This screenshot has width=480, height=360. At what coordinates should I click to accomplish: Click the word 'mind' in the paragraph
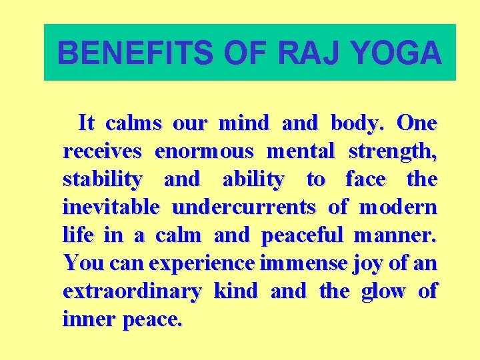pyautogui.click(x=243, y=123)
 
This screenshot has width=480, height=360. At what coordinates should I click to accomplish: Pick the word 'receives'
pyautogui.click(x=103, y=151)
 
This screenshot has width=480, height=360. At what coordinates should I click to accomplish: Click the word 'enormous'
pyautogui.click(x=204, y=151)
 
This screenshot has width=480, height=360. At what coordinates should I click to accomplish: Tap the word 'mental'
pyautogui.click(x=300, y=151)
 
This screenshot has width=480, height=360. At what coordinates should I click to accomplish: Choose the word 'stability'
pyautogui.click(x=102, y=180)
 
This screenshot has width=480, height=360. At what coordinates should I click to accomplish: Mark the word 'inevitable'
pyautogui.click(x=111, y=207)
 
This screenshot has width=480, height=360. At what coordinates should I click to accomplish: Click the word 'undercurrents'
pyautogui.click(x=243, y=207)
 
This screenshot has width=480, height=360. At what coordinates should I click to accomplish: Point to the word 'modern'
pyautogui.click(x=398, y=207)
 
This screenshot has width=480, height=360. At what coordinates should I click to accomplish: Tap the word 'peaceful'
pyautogui.click(x=302, y=236)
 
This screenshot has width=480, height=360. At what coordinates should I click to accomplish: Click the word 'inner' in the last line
pyautogui.click(x=89, y=320)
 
